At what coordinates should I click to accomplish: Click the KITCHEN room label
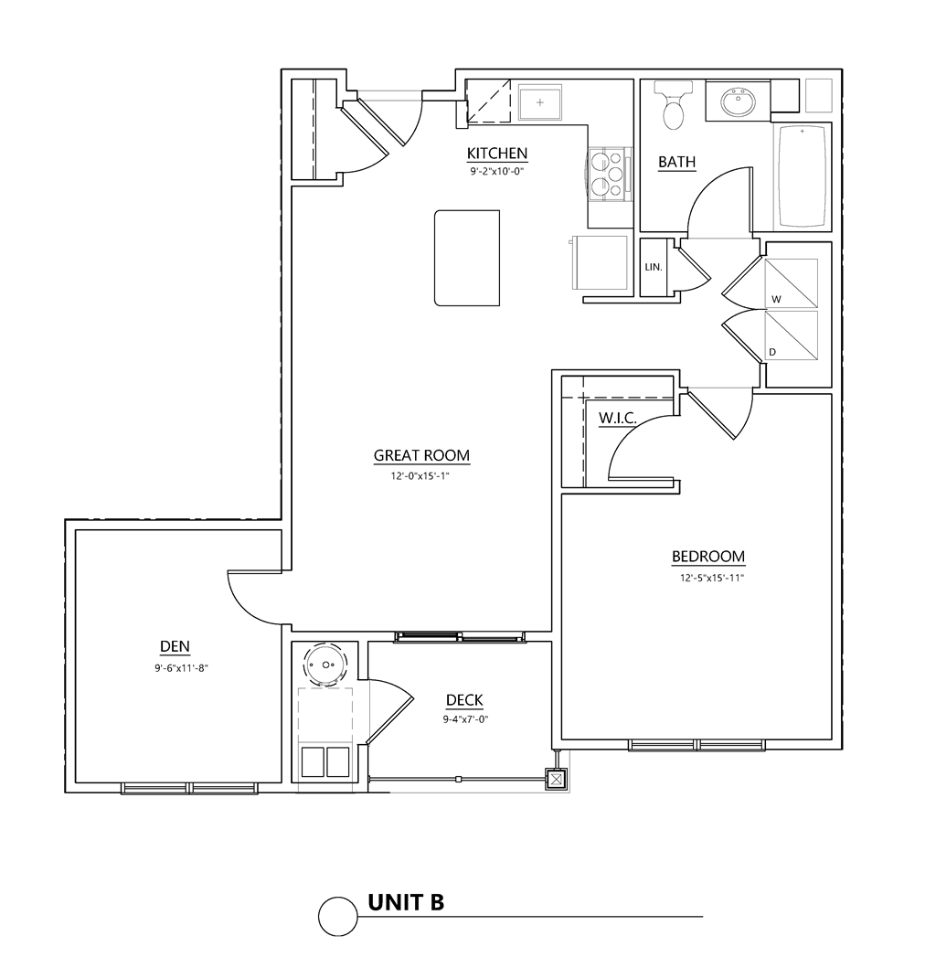pyautogui.click(x=496, y=153)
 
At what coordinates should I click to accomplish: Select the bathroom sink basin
pyautogui.click(x=739, y=102)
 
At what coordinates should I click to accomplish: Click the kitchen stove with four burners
pyautogui.click(x=607, y=175)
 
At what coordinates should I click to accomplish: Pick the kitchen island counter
pyautogui.click(x=467, y=258)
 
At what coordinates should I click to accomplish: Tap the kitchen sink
pyautogui.click(x=540, y=102)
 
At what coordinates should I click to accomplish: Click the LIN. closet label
pyautogui.click(x=654, y=268)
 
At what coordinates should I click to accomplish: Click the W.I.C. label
pyautogui.click(x=617, y=418)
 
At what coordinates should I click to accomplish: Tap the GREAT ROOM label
pyautogui.click(x=421, y=455)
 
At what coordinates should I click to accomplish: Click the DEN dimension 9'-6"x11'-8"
pyautogui.click(x=175, y=668)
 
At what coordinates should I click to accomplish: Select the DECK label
pyautogui.click(x=464, y=700)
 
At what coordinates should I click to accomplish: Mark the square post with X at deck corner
pyautogui.click(x=556, y=779)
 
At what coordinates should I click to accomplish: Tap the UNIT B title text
pyautogui.click(x=405, y=902)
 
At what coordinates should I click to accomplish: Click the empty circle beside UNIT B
pyautogui.click(x=336, y=915)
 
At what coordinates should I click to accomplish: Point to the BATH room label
pyautogui.click(x=676, y=162)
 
